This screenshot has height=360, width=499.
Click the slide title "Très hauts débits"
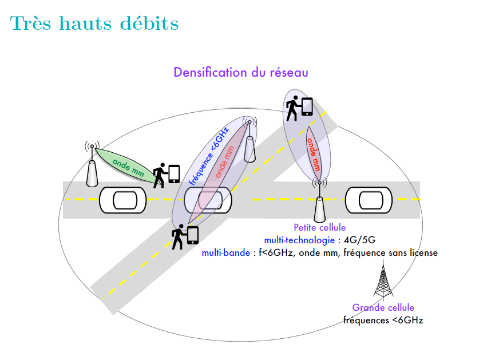94,23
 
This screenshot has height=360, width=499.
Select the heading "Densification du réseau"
241,73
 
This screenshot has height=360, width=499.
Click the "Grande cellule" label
383,308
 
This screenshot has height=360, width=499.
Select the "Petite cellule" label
319,228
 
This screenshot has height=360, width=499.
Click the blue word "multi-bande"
226,252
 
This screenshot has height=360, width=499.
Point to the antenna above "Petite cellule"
319,203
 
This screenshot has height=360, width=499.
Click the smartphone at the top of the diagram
307,107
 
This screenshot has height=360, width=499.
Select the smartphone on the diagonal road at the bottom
192,235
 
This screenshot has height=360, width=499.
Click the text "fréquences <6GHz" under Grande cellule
383,321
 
